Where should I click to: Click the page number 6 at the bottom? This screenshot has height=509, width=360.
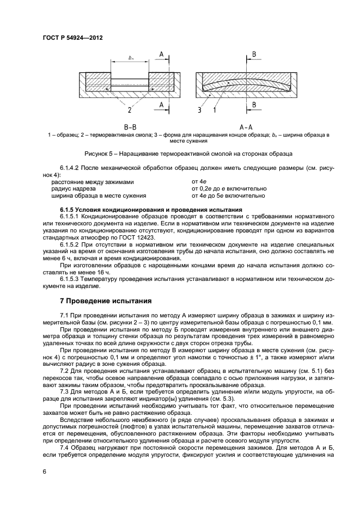click(x=44, y=471)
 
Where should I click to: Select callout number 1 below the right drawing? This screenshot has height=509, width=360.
click(x=215, y=110)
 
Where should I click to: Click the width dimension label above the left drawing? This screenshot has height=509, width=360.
click(x=131, y=58)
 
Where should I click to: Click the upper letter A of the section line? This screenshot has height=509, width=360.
click(x=162, y=53)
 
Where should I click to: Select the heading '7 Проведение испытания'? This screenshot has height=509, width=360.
click(x=101, y=301)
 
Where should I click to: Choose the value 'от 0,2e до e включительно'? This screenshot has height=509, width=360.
click(x=229, y=189)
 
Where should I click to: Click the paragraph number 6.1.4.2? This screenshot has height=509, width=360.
click(x=69, y=169)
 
